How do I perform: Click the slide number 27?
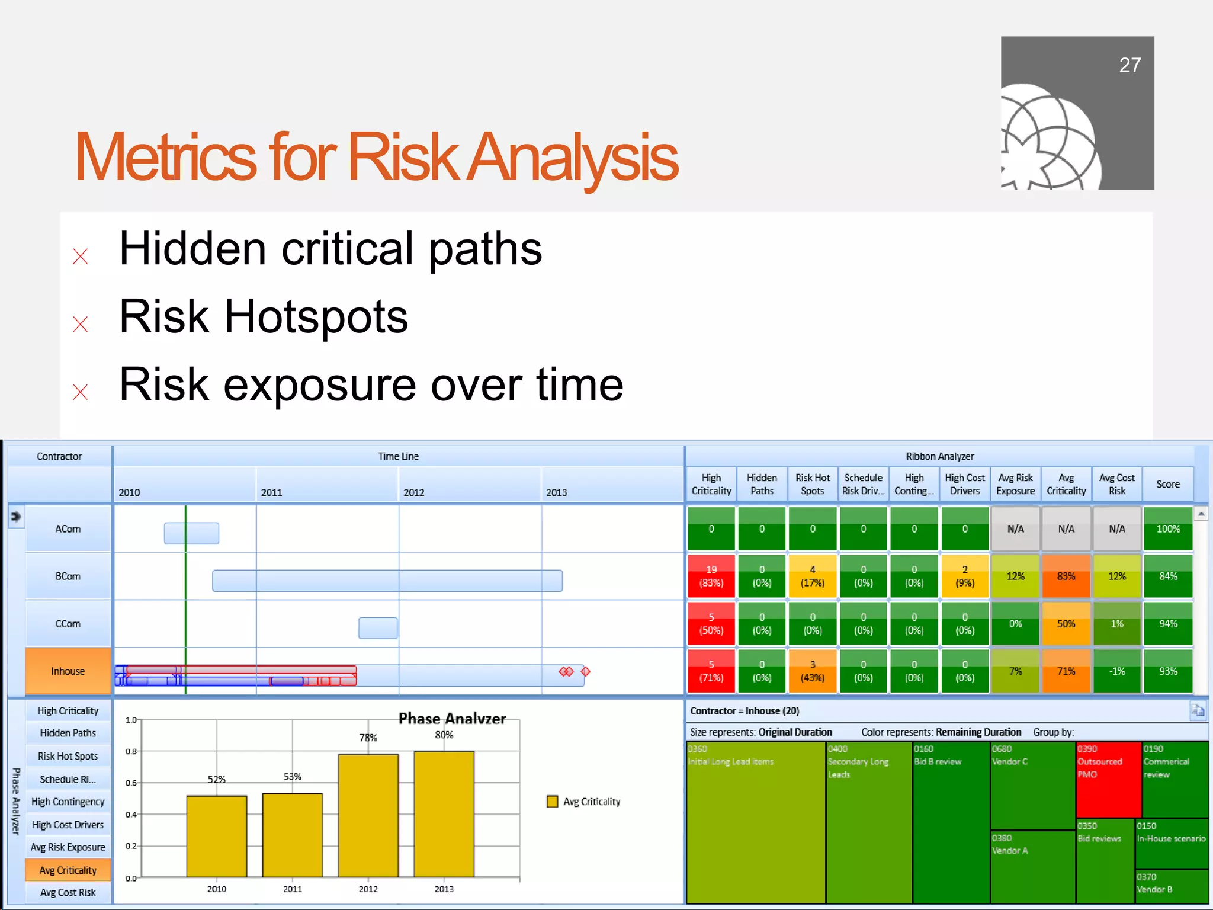[x=1129, y=65]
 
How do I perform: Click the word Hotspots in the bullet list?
[x=316, y=316]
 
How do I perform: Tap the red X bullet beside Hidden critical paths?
[x=81, y=256]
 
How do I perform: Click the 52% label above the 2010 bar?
[x=216, y=779]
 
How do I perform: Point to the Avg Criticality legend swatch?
[x=552, y=802]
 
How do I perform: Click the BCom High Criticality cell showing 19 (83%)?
[x=711, y=576]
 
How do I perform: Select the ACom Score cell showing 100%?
[x=1167, y=528]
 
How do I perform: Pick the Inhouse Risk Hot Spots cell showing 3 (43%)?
[x=812, y=671]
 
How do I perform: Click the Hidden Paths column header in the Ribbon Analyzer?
[x=762, y=484]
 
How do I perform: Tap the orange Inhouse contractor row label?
[x=68, y=671]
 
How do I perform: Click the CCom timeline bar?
[x=377, y=627]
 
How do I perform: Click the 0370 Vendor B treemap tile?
[x=1171, y=886]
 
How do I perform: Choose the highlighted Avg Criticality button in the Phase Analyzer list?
[x=68, y=870]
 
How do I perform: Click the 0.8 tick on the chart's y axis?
[x=131, y=751]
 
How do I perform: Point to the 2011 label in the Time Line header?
[x=271, y=492]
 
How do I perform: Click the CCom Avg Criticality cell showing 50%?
[x=1066, y=623]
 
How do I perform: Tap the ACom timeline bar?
[x=191, y=533]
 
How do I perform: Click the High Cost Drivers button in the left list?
[x=68, y=824]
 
